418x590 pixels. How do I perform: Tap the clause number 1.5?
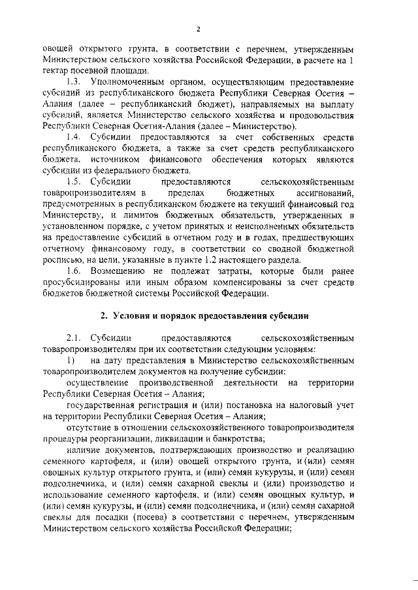[76, 181]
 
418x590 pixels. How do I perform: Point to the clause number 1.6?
[76, 270]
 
